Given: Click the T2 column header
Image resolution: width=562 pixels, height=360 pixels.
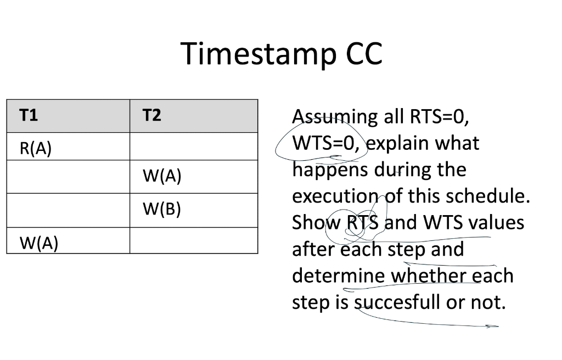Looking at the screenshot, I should pyautogui.click(x=151, y=115).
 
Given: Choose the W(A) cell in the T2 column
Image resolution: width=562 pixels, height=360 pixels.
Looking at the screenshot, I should pyautogui.click(x=161, y=177).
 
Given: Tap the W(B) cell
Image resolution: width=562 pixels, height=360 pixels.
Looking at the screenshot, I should pyautogui.click(x=161, y=210).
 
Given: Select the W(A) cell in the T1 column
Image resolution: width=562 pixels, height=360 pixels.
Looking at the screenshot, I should pyautogui.click(x=38, y=242).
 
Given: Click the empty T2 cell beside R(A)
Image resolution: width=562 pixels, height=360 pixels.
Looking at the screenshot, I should pyautogui.click(x=193, y=147).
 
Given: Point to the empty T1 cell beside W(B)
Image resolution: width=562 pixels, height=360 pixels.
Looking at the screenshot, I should pyautogui.click(x=68, y=210).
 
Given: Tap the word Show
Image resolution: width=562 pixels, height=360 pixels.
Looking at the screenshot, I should pyautogui.click(x=316, y=222).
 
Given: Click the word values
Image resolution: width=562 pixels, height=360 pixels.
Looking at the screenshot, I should pyautogui.click(x=497, y=222).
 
